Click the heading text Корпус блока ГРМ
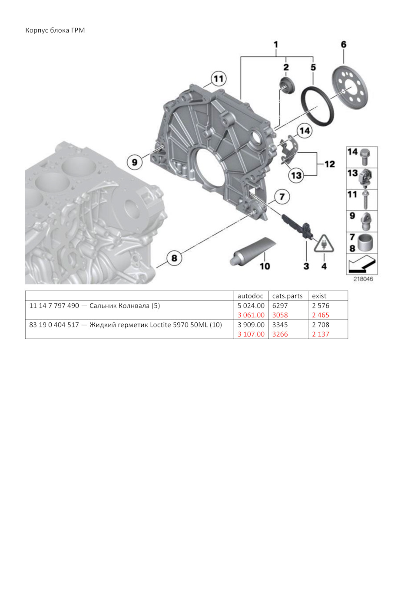click(55, 30)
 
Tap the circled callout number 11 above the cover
click(218, 79)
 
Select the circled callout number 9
click(135, 162)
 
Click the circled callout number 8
click(174, 258)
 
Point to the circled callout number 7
click(282, 197)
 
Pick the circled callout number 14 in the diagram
click(304, 131)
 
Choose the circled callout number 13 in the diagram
click(296, 175)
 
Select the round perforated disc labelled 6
click(350, 88)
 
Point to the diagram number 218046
click(363, 279)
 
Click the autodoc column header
click(250, 296)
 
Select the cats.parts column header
click(287, 296)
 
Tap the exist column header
click(319, 296)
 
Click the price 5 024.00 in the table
click(251, 306)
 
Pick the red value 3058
click(280, 315)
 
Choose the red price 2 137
click(321, 334)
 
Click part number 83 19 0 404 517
click(54, 325)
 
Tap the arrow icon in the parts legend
click(361, 264)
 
